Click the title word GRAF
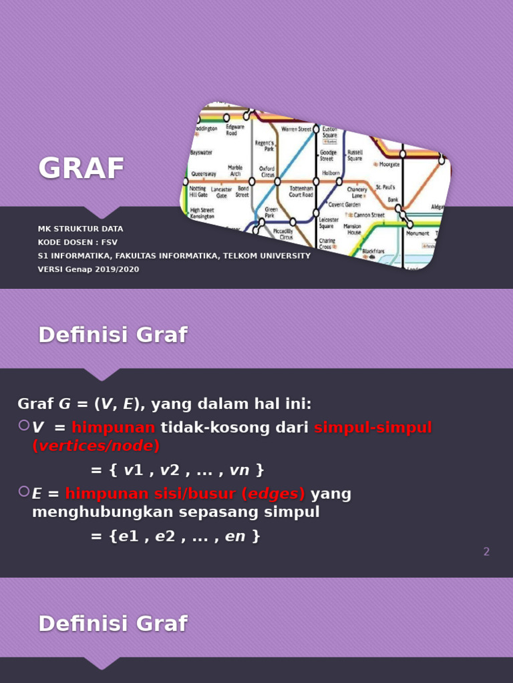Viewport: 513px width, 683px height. [81, 168]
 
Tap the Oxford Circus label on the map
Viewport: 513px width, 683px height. [267, 171]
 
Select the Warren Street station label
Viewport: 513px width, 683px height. [296, 129]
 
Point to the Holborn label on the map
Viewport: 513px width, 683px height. [331, 173]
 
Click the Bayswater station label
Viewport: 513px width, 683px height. [201, 153]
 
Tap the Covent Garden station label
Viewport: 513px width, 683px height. [344, 205]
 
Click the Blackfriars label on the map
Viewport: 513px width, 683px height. [373, 252]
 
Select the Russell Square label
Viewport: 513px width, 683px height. [355, 155]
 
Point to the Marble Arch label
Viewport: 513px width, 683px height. [235, 170]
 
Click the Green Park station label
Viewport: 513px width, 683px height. [269, 213]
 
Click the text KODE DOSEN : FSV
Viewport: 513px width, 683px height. [77, 242]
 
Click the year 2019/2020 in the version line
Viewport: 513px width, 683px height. [117, 269]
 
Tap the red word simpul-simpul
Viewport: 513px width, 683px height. [373, 428]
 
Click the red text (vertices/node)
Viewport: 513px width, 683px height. [96, 446]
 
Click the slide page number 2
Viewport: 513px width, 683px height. [486, 552]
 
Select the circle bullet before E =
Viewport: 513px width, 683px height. [24, 492]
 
